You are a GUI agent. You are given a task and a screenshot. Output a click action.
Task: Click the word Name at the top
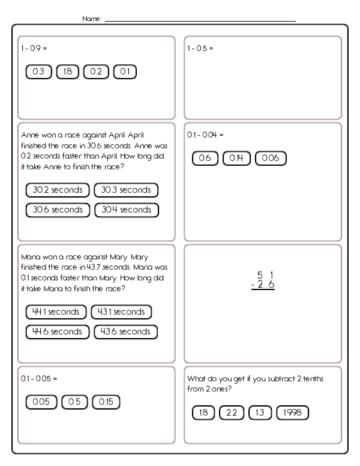pos(92,19)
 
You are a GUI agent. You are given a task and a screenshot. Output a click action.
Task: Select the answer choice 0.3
pos(38,72)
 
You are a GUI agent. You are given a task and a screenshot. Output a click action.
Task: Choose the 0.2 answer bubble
pos(96,72)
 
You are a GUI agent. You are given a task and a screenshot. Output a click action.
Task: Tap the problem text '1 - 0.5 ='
pos(200,47)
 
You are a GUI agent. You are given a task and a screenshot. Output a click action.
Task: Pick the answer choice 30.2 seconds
pos(58,190)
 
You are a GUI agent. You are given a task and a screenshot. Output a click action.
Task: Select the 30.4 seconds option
pos(126,210)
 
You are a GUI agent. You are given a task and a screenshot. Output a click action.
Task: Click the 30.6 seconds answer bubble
pos(58,210)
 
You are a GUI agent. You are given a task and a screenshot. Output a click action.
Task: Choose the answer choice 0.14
pos(236,159)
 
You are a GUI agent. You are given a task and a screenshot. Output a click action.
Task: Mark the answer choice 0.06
pos(271,159)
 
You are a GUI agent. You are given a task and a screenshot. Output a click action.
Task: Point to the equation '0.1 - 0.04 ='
pos(205,135)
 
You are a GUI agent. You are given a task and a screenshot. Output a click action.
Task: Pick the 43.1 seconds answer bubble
pos(121,312)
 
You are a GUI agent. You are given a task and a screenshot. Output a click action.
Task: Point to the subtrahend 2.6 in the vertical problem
pos(263,285)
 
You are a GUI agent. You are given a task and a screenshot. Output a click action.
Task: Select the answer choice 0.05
pos(39,402)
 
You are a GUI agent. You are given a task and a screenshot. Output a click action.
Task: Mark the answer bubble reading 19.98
pos(293,413)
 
